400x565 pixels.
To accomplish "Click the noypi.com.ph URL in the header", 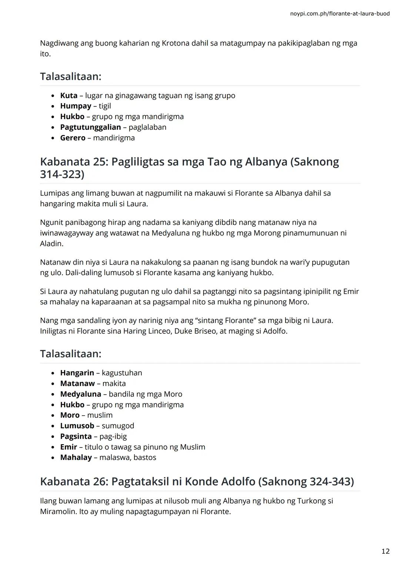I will (x=340, y=14).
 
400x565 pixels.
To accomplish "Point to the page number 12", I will (x=385, y=551).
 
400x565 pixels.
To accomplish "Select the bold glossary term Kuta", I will (x=69, y=95).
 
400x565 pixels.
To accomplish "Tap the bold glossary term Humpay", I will (x=76, y=106).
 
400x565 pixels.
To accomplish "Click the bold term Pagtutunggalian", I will (x=90, y=127).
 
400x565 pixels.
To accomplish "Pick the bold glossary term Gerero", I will (x=73, y=138).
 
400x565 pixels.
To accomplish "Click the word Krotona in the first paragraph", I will (x=175, y=43).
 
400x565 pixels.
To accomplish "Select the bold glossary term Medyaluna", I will (x=80, y=394).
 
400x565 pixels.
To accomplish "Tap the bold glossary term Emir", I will (x=69, y=447).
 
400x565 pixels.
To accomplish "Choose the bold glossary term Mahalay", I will (x=76, y=457).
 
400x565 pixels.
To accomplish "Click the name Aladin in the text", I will (x=51, y=244).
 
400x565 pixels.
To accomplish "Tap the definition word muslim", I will (x=100, y=415).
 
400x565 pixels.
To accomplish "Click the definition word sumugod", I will (x=118, y=426).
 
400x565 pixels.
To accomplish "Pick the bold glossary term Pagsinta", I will (x=76, y=436).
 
